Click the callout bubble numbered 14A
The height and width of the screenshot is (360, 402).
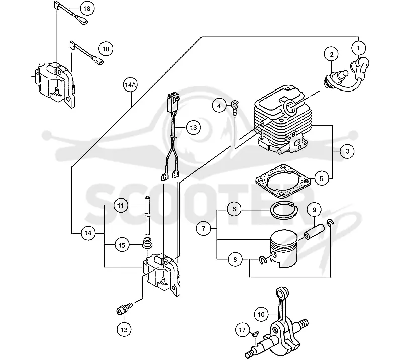coord(131,85)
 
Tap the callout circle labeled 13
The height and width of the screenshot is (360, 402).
coord(124,329)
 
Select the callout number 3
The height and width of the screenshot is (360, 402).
coord(347,151)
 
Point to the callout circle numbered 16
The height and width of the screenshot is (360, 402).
coord(193,128)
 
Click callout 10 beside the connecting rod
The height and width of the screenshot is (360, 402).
coord(261,314)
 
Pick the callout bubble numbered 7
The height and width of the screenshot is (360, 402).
coord(204,228)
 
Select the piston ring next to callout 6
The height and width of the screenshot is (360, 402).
coord(284,210)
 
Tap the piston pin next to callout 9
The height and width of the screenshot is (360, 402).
coord(314,232)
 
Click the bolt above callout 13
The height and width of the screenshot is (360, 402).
coord(124,308)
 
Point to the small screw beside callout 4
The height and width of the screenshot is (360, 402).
coord(235,107)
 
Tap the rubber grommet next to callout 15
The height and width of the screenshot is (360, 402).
coord(147,243)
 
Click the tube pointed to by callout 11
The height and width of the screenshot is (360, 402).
coord(147,215)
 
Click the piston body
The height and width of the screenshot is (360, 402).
coord(282,248)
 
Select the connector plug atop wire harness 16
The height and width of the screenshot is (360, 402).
coord(172,103)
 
